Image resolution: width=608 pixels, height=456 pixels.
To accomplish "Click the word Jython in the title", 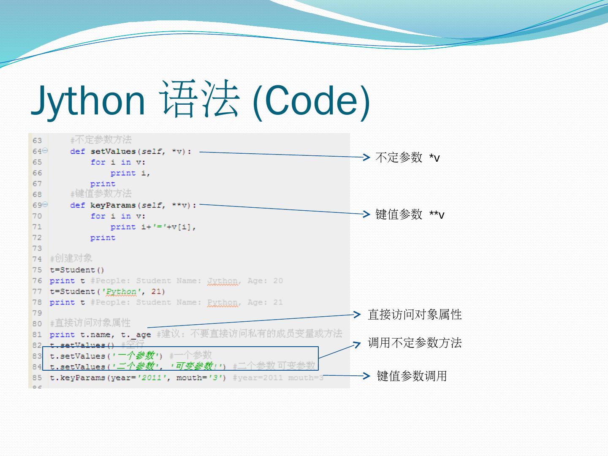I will click(88, 100).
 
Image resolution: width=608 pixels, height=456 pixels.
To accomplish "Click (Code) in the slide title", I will click(311, 100).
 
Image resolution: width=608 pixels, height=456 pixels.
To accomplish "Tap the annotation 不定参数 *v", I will click(407, 157).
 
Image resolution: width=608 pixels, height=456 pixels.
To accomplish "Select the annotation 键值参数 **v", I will click(409, 214).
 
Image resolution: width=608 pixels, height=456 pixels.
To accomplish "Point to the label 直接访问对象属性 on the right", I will click(415, 315).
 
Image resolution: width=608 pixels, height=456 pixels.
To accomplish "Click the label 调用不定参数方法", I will click(415, 342).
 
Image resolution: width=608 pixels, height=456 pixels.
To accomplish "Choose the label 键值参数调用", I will click(412, 376).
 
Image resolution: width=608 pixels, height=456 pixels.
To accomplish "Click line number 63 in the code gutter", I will click(37, 141).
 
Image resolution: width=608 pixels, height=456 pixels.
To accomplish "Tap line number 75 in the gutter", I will click(37, 270).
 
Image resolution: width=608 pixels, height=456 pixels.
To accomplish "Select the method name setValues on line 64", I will click(113, 152).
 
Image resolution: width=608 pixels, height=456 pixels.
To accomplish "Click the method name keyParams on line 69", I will click(113, 206).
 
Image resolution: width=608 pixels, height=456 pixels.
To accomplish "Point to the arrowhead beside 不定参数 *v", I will click(366, 157).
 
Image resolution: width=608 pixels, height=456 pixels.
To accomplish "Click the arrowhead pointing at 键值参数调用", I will click(366, 375).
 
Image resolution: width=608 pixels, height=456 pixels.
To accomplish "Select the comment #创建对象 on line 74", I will click(71, 258).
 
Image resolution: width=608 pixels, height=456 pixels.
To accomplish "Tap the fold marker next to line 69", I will click(45, 205).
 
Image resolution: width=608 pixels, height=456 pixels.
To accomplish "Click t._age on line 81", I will click(136, 335).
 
